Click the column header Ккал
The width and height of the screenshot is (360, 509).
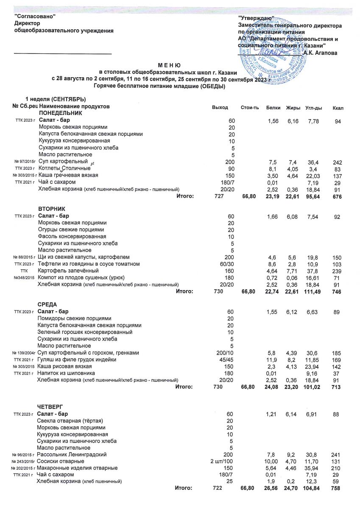point(338,108)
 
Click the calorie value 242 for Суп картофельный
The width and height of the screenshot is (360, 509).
point(337,162)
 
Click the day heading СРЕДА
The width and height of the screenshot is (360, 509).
point(47,305)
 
